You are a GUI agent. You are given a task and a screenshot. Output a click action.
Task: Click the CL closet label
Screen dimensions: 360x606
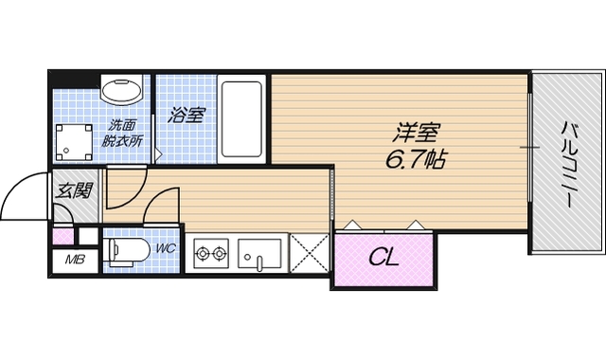click(x=383, y=256)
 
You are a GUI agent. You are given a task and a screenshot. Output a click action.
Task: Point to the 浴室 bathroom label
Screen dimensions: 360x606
click(x=187, y=116)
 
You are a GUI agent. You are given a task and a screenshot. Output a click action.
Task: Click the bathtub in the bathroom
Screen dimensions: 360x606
click(x=244, y=120)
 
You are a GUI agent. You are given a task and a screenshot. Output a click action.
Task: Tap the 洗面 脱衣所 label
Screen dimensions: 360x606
click(x=121, y=133)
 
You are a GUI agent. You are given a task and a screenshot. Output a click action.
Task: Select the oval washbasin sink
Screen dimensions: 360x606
click(x=121, y=93)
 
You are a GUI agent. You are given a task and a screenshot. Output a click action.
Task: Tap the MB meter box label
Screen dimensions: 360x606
click(x=72, y=260)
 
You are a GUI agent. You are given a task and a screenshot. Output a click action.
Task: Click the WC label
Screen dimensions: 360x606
click(x=165, y=248)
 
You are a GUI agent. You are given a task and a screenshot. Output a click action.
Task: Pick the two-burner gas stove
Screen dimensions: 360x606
click(x=211, y=253)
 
